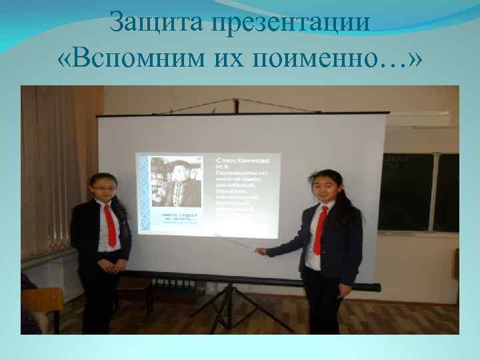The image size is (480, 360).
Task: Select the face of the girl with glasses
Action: pyautogui.click(x=104, y=190)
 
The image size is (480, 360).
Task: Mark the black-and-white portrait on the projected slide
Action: pyautogui.click(x=175, y=183)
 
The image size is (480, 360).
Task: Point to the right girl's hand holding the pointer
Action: pyautogui.click(x=261, y=251)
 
